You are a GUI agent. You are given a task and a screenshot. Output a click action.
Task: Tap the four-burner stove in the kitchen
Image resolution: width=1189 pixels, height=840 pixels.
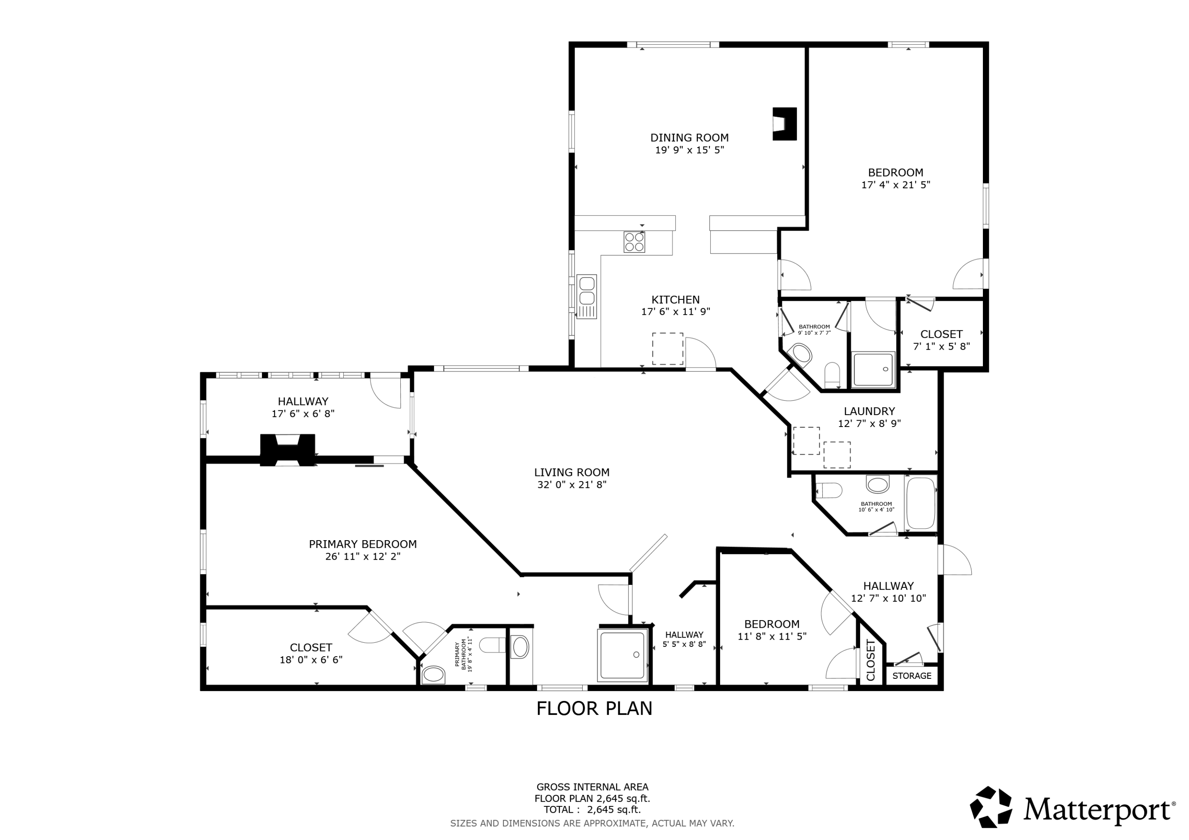[x=635, y=242]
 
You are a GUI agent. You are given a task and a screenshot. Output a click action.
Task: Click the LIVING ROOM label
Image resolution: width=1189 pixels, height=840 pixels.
[x=572, y=472]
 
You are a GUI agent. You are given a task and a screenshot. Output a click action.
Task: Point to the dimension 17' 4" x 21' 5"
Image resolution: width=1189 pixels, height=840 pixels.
[x=895, y=185]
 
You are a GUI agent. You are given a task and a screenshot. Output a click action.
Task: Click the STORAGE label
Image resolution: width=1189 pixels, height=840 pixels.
[x=912, y=675]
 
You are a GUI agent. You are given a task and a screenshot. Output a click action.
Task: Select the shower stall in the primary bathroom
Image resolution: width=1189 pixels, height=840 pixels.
[x=623, y=655]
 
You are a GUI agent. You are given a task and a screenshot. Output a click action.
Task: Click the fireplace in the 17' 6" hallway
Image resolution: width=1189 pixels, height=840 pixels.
[x=287, y=449]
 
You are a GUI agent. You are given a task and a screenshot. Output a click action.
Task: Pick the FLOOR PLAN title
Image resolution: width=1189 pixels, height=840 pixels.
[x=594, y=709]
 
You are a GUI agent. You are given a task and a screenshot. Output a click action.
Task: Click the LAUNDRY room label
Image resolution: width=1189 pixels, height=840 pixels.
[x=869, y=411]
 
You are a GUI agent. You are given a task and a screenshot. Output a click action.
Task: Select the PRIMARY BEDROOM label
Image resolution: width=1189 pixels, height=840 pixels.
[x=363, y=544]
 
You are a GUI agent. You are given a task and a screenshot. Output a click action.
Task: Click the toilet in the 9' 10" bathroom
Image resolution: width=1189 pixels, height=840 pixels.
[x=832, y=374]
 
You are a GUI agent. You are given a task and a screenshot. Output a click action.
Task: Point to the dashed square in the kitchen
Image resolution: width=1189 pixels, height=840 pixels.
[x=667, y=349]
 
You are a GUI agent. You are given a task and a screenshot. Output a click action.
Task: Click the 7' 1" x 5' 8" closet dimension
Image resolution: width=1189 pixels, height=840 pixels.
[x=941, y=346]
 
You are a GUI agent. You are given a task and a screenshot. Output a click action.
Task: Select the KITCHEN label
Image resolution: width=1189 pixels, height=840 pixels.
[x=675, y=300]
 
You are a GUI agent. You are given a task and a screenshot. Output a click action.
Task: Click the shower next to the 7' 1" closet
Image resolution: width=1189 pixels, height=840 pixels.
[x=873, y=369]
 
